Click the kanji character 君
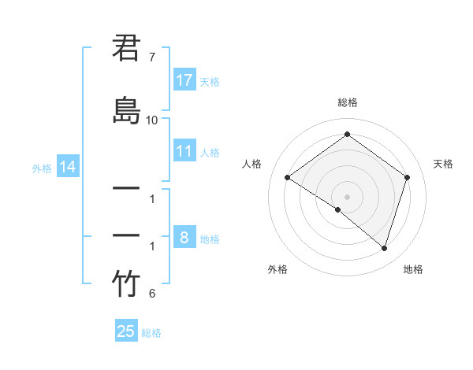pos(127,50)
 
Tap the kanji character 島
pos(127,109)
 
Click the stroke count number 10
pos(152,120)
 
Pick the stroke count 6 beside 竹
pos(152,294)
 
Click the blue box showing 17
pos(184,80)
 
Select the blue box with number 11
pos(184,150)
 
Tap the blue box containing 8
pos(184,237)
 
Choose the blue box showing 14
pos(67,167)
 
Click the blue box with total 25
pos(126,331)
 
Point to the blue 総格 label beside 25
pos(151,333)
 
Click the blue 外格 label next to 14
pos(42,168)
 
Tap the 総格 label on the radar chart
pos(348,102)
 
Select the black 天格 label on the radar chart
pos(443,164)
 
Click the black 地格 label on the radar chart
pos(413,269)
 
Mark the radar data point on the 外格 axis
pos(338,209)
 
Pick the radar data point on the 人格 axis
pos(288,178)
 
